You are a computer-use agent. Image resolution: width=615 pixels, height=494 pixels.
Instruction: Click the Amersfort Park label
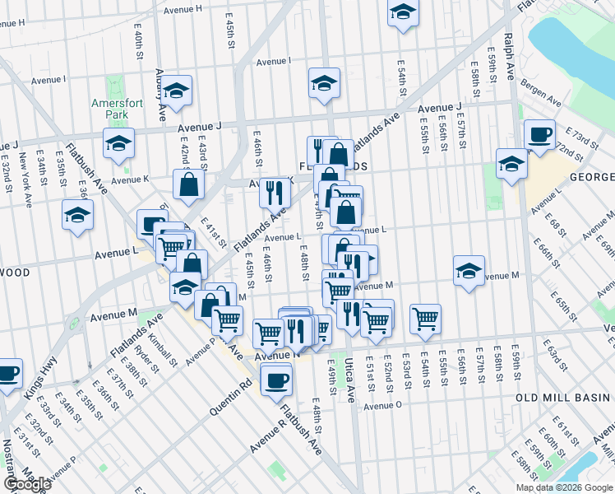[112, 109]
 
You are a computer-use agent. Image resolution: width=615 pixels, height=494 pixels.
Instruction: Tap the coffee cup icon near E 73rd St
[539, 134]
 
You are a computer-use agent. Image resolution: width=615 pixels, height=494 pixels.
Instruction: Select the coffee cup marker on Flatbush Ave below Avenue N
[275, 380]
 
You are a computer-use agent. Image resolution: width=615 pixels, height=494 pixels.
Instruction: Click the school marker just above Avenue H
[403, 13]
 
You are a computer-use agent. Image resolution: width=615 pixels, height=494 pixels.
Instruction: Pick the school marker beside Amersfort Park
[118, 143]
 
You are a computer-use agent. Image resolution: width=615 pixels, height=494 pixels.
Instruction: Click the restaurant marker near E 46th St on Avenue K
[275, 192]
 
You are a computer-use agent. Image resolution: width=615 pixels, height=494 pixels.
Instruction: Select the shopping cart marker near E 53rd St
[425, 318]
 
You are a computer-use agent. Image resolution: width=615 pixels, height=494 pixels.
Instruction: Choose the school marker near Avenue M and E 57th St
[469, 271]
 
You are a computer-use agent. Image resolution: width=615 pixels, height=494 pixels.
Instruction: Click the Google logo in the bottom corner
[26, 484]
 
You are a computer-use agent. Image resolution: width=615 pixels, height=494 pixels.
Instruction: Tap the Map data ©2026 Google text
[564, 487]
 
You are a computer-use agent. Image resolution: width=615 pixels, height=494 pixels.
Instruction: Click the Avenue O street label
[382, 405]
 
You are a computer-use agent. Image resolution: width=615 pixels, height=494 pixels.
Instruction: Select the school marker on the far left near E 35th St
[78, 216]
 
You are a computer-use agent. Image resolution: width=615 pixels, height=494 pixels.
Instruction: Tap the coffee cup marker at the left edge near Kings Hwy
[8, 374]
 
